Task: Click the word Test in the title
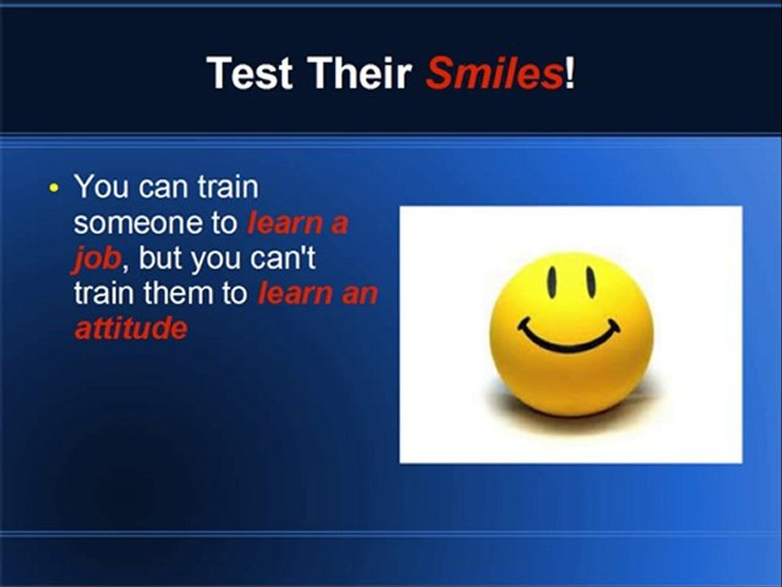(249, 73)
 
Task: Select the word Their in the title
(359, 73)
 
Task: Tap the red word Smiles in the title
(494, 73)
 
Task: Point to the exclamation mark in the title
(569, 73)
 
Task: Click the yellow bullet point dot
(54, 188)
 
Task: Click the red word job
(97, 259)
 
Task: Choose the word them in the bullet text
(178, 293)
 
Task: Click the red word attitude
(131, 329)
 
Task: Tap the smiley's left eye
(552, 281)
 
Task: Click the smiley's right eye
(591, 283)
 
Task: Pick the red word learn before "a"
(286, 223)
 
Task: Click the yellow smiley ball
(572, 334)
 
